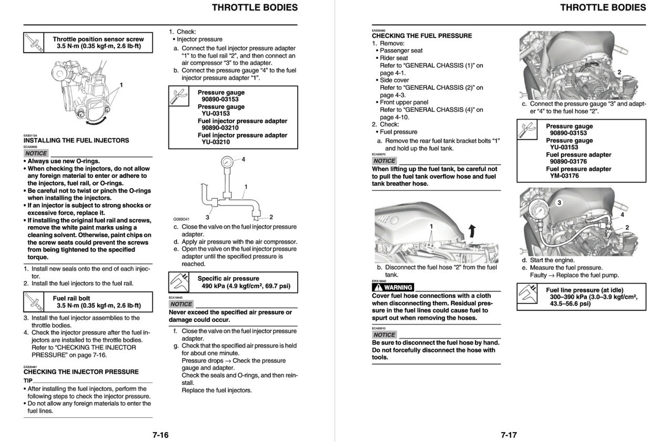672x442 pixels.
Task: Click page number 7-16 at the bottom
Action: pos(160,435)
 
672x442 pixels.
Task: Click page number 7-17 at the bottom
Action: pos(509,435)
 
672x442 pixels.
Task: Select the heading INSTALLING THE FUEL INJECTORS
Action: pos(76,141)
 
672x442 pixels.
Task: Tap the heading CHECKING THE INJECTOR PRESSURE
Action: pos(81,372)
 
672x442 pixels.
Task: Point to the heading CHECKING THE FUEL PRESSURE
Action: pos(422,36)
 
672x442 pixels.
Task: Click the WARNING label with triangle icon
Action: pos(393,287)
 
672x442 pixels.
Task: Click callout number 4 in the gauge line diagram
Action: pos(243,159)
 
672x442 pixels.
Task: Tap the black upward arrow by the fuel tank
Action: pos(472,229)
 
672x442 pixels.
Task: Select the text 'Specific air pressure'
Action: pos(228,279)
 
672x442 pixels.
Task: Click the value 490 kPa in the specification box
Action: pos(215,287)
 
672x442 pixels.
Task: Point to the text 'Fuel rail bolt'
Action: pos(71,298)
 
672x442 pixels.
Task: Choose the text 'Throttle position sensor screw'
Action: pos(98,39)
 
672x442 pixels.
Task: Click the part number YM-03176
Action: pos(564,176)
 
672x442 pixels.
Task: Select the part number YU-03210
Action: pos(216,142)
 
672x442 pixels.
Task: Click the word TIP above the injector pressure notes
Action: pos(28,380)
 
